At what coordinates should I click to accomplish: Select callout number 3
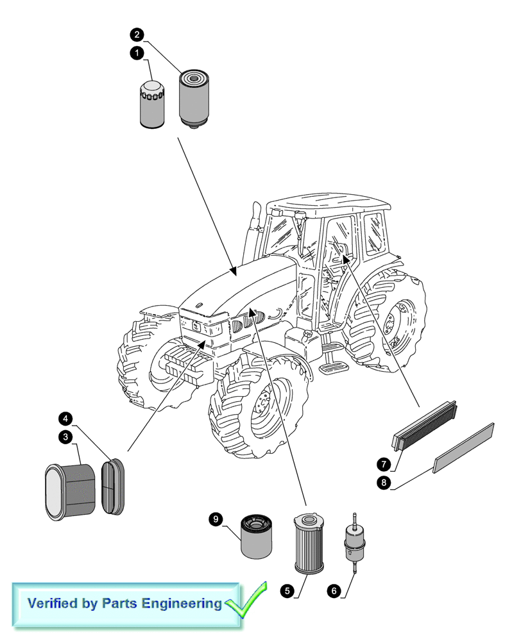tap(64, 437)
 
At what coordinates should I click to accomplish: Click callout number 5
tap(286, 590)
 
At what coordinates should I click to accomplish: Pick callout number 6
tap(333, 591)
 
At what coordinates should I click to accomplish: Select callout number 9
tap(216, 518)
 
